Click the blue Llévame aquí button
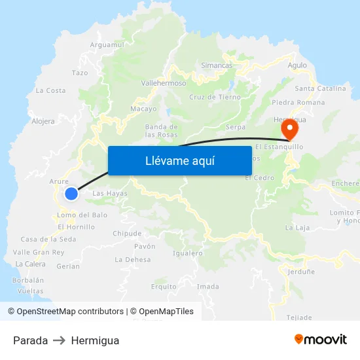[180, 160]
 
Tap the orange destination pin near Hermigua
[287, 130]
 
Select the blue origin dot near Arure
[71, 193]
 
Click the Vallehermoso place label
[164, 83]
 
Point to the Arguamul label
[107, 45]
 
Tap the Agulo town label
[297, 65]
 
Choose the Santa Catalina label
[321, 88]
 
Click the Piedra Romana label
[298, 102]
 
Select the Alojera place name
[43, 121]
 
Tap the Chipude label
[127, 233]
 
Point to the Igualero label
[187, 253]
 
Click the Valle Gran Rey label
[39, 252]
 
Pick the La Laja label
[297, 228]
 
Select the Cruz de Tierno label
[215, 97]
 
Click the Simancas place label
[217, 65]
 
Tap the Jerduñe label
[301, 271]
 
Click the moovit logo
[320, 340]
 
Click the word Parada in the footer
[30, 340]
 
